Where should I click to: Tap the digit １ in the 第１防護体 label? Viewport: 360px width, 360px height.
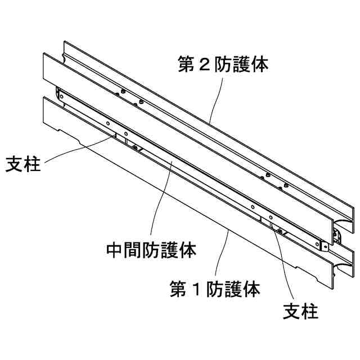196,290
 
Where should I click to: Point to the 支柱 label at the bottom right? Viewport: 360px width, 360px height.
300,310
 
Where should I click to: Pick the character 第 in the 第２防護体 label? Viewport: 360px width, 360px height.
187,65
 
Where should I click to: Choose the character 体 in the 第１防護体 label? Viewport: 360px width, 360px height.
251,290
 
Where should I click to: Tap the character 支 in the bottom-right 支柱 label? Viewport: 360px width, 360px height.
291,310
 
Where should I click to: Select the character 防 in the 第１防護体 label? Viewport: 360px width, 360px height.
215,290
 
